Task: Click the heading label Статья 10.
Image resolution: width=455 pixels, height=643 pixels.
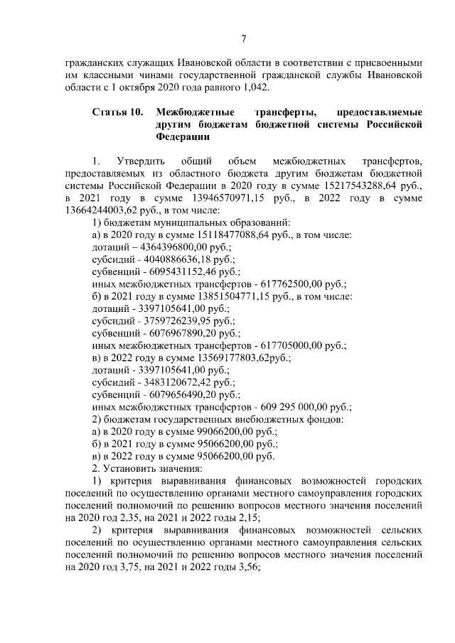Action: coord(118,112)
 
